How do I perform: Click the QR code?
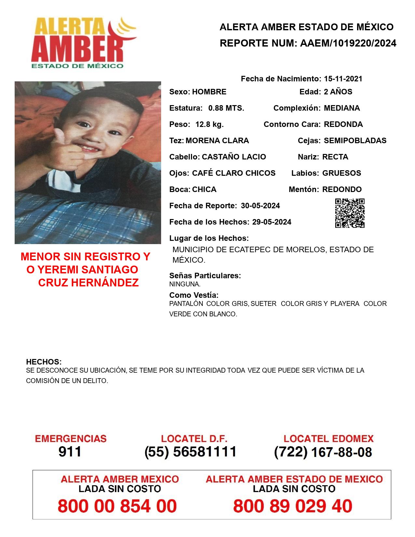(x=350, y=213)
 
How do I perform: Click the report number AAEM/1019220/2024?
(x=348, y=43)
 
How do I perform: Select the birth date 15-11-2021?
(x=343, y=79)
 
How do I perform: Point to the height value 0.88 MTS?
(x=226, y=108)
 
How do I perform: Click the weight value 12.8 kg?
(x=209, y=124)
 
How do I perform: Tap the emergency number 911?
(x=70, y=452)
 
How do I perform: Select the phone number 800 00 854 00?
(x=117, y=506)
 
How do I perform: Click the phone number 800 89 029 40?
(x=293, y=506)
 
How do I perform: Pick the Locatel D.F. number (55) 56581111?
(x=191, y=452)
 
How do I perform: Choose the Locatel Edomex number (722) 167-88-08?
(x=323, y=452)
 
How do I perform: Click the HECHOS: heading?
(x=44, y=362)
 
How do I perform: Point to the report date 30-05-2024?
(x=260, y=206)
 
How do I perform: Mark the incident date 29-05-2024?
(x=272, y=222)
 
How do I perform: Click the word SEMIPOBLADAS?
(x=355, y=141)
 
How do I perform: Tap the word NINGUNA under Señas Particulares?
(x=185, y=284)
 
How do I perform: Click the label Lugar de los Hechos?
(x=209, y=238)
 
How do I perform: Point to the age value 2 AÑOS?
(x=338, y=92)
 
